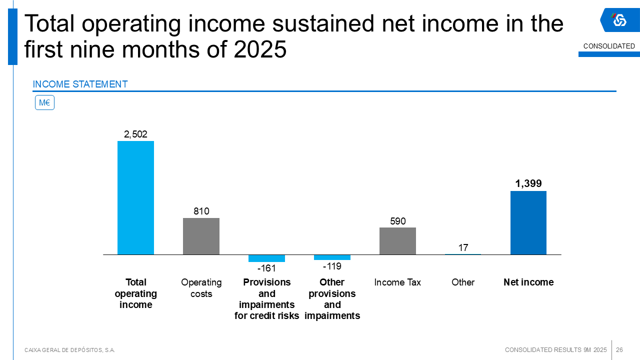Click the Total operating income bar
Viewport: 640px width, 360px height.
135,197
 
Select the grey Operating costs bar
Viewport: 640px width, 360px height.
201,236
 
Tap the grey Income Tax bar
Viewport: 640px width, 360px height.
397,241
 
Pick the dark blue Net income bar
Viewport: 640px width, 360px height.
528,222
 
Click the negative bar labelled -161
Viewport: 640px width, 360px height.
266,258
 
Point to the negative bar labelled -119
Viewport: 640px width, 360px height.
332,257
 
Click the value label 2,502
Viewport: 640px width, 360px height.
135,134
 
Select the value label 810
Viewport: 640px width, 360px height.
201,211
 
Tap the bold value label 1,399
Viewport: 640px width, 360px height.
528,183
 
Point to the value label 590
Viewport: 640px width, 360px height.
397,221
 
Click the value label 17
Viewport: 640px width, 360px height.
463,247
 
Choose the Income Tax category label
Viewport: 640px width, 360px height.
397,282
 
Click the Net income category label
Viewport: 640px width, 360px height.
528,282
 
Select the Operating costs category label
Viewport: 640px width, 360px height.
201,288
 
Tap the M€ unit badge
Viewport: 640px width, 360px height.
44,103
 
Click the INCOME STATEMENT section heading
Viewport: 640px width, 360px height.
80,84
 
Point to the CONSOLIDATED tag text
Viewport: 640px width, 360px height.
609,46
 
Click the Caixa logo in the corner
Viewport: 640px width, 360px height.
619,20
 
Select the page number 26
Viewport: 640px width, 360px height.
619,349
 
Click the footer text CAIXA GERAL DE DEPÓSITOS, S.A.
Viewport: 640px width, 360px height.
69,350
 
